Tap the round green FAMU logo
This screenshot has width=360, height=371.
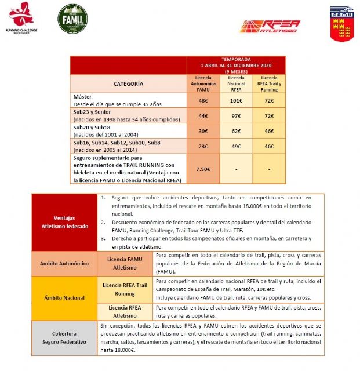coord(72,19)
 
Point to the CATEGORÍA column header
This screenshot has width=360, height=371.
coord(129,83)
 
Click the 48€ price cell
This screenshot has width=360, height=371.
coord(203,100)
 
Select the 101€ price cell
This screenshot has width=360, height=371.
coord(236,100)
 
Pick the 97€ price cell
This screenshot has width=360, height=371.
coord(236,115)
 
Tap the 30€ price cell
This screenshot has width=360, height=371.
coord(203,130)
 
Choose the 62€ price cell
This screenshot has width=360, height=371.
coord(236,130)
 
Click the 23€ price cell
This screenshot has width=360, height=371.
coord(203,146)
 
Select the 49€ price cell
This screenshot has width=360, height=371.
coord(236,146)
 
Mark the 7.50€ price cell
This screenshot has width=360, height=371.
coord(203,169)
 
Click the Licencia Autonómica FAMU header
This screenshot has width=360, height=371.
coord(203,83)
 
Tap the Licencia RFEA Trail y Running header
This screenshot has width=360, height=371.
coord(269,83)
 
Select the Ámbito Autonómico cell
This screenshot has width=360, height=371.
coord(65,263)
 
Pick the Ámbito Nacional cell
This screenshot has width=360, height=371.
coord(65,298)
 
